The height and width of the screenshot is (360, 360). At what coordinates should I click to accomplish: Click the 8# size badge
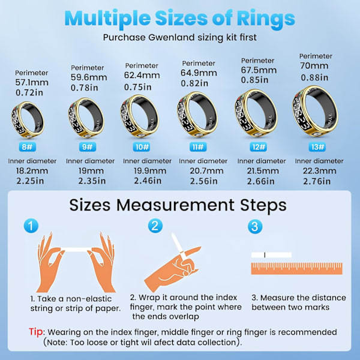(x=28, y=147)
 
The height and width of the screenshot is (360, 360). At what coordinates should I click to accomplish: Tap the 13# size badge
(x=317, y=147)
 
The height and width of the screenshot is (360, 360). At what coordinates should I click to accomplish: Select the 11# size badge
(x=198, y=147)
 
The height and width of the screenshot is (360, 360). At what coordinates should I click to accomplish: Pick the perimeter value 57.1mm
(x=32, y=82)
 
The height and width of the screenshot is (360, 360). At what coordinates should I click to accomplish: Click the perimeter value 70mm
(x=314, y=66)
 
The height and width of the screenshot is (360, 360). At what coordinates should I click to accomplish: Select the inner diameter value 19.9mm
(x=150, y=171)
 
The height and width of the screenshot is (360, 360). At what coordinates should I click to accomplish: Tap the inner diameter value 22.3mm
(x=319, y=171)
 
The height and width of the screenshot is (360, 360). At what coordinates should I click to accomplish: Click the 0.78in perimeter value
(x=84, y=88)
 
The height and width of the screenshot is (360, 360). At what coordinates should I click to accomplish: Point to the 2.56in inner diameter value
(x=203, y=181)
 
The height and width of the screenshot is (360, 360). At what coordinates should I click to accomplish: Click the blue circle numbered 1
(x=31, y=226)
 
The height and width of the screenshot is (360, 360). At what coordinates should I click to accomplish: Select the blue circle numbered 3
(x=255, y=226)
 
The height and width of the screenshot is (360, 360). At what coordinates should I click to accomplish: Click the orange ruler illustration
(x=296, y=269)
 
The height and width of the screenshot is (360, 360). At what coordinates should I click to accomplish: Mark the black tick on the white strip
(x=265, y=255)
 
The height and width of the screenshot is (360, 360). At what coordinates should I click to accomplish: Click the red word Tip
(x=35, y=332)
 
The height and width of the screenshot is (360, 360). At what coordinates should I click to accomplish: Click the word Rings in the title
(x=266, y=19)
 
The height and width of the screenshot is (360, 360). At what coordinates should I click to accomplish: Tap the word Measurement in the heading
(x=175, y=205)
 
